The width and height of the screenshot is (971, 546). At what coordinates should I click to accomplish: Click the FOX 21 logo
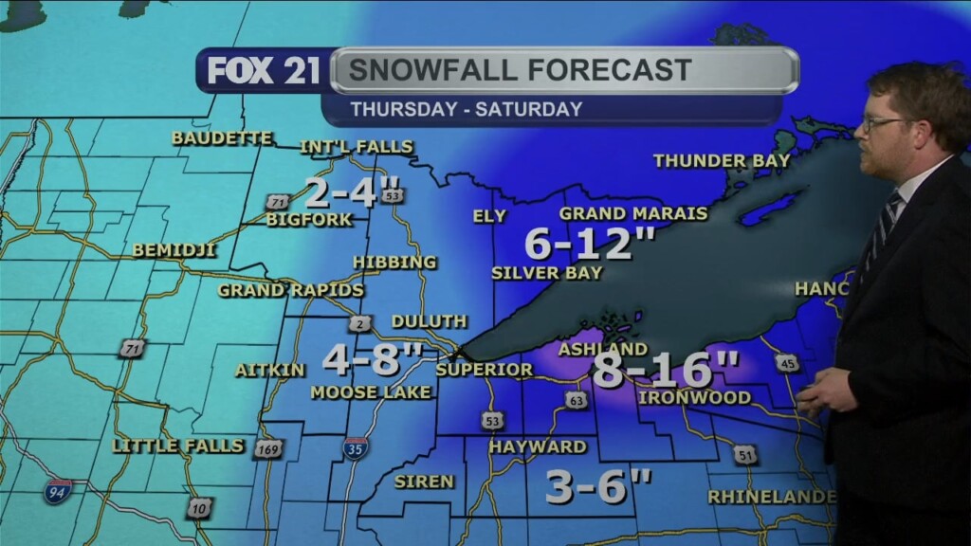coord(264,71)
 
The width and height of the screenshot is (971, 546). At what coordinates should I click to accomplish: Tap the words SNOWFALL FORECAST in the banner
coord(520,70)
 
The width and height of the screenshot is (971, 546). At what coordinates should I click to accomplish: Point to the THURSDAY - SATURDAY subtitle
coord(467,109)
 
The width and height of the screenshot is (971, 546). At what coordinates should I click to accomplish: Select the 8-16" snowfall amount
coord(666,369)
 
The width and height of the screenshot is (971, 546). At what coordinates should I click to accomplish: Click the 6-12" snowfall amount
coord(591,245)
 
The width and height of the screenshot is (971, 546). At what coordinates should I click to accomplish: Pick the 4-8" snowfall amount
coord(372,359)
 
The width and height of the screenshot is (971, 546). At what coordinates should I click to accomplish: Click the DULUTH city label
coord(429,321)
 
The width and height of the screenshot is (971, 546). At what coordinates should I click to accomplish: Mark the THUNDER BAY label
coord(722,161)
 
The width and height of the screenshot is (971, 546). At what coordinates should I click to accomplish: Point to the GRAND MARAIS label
coord(633,213)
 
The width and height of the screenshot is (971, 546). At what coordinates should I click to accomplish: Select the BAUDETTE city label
coord(222,138)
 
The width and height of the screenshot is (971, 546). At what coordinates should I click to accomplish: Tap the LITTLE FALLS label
coord(178,445)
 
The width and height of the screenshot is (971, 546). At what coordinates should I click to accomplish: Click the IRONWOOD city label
coord(694,397)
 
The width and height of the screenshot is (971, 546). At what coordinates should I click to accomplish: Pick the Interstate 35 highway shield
coord(356,447)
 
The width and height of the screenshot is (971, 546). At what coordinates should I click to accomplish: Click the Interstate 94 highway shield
coord(58,491)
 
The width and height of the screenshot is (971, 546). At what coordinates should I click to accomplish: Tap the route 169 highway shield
coord(268,448)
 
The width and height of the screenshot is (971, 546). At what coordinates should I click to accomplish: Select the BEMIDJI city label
coord(174,250)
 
